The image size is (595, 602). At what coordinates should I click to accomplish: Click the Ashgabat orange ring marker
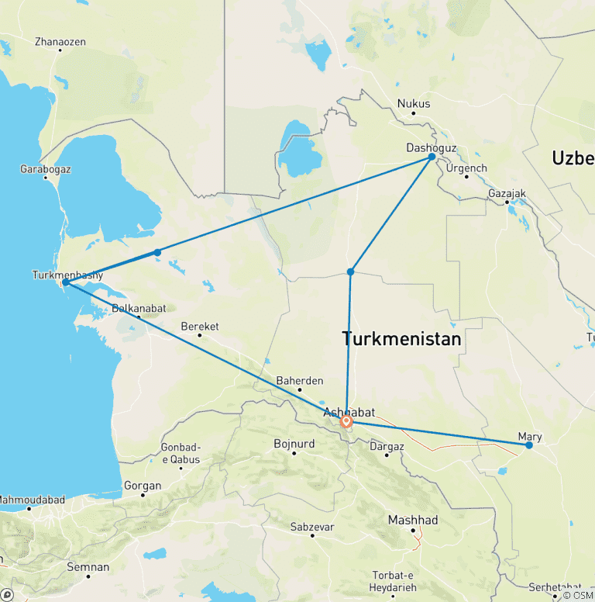pos(346,422)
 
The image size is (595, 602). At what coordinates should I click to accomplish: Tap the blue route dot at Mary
pos(529,445)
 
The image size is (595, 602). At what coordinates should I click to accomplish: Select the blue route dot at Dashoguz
pos(432,157)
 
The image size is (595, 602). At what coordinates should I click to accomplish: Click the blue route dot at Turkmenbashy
pos(66,282)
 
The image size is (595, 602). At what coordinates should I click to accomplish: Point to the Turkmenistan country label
pos(401,339)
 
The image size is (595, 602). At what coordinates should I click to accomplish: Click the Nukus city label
pos(413,103)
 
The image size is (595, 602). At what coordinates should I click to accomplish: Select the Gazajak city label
pos(507,192)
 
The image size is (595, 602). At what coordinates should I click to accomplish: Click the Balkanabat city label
pos(138,308)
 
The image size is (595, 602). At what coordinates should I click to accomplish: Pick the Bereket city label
pos(199,326)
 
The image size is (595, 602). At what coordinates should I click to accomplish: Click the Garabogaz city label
pos(45,168)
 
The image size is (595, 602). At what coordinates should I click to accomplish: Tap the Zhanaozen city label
pos(60,41)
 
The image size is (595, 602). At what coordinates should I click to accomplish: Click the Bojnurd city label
pos(294,444)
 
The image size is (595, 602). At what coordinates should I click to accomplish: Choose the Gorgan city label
pos(143,486)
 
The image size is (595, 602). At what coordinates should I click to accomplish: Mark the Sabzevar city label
pos(311,527)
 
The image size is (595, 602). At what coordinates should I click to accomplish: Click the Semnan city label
pos(88,567)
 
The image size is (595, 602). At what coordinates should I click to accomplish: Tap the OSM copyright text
pos(577,595)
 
